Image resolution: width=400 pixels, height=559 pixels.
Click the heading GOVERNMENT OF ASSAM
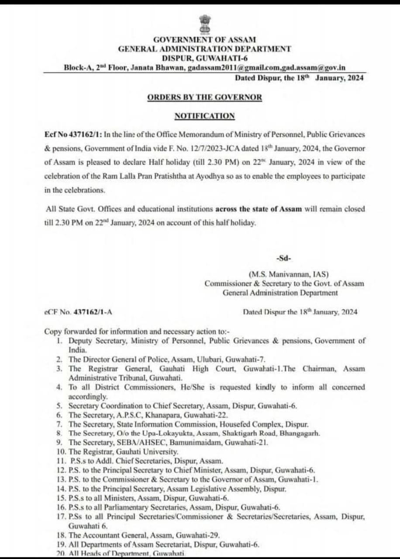tap(204, 40)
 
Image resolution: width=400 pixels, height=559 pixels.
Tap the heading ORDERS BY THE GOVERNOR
tap(204, 97)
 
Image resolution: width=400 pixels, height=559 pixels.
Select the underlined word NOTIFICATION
tap(204, 116)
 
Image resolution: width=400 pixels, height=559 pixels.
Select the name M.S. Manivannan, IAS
tap(289, 274)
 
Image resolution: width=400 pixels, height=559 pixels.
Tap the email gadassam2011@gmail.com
tap(224, 68)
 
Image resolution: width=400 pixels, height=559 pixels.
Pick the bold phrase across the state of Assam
tap(259, 209)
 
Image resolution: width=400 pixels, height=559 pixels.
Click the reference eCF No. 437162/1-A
tap(81, 312)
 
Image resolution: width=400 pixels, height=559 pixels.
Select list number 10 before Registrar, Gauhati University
tap(61, 452)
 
